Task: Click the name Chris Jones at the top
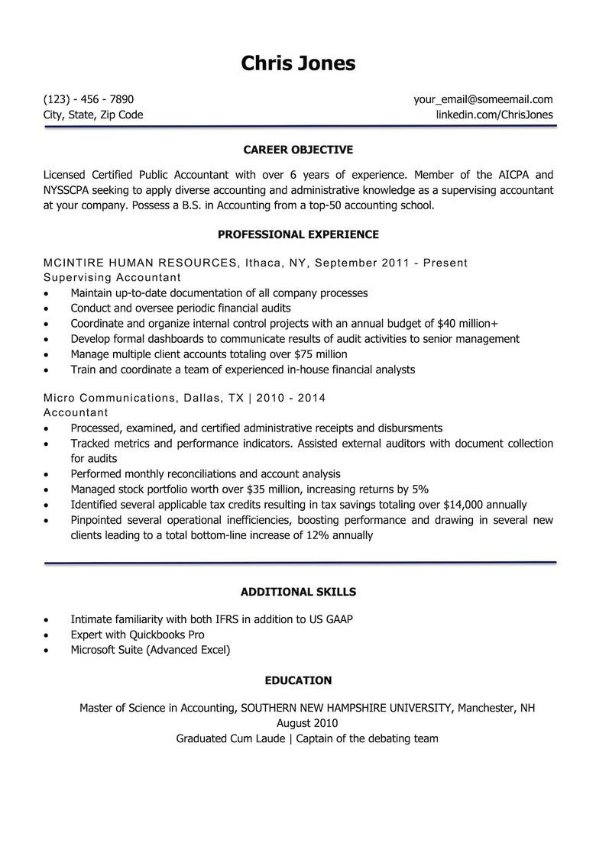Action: click(298, 63)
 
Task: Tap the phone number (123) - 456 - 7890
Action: click(89, 99)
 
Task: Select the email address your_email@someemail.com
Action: click(483, 99)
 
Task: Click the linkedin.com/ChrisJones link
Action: click(494, 115)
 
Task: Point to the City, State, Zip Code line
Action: click(93, 115)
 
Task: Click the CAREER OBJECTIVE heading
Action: click(298, 150)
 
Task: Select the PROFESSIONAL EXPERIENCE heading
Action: click(298, 234)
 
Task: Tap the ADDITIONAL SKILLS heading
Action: click(298, 592)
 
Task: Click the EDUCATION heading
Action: click(298, 680)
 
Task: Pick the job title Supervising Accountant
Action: click(112, 277)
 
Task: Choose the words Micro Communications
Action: click(109, 398)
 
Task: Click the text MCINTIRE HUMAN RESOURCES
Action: click(140, 263)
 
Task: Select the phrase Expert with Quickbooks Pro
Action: click(138, 635)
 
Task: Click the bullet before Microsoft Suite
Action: click(47, 651)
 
